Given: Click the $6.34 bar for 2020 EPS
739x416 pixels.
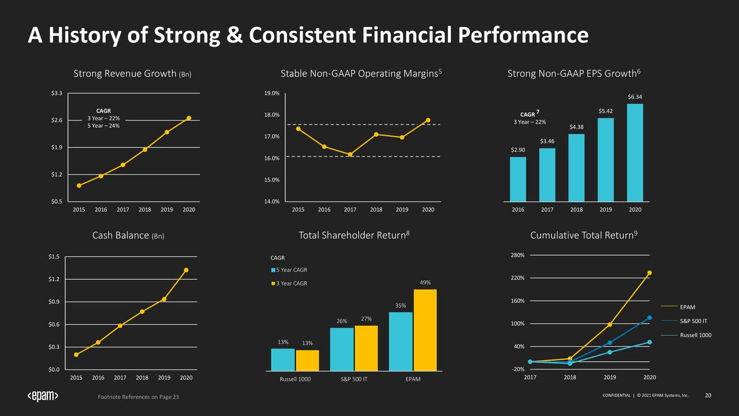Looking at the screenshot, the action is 635,153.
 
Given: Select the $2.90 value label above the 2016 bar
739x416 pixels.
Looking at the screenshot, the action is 518,150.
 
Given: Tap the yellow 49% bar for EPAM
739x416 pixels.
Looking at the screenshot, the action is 425,329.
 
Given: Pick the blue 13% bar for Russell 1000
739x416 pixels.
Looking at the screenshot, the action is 283,359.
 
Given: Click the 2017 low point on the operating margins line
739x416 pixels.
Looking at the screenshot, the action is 350,154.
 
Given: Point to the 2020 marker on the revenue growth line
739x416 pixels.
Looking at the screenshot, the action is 189,118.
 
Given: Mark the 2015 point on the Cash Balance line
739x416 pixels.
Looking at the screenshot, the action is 76,355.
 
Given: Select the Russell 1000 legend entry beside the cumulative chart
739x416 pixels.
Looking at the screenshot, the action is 695,335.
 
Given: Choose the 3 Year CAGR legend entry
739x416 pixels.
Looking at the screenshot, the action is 291,284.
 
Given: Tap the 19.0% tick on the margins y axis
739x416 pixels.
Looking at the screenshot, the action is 272,93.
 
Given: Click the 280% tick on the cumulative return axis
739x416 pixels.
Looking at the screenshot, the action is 517,255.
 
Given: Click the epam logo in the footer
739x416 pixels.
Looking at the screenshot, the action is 43,396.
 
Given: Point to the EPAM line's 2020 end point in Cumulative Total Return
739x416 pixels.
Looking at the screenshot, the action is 650,273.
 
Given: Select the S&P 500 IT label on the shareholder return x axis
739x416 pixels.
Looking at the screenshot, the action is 354,379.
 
